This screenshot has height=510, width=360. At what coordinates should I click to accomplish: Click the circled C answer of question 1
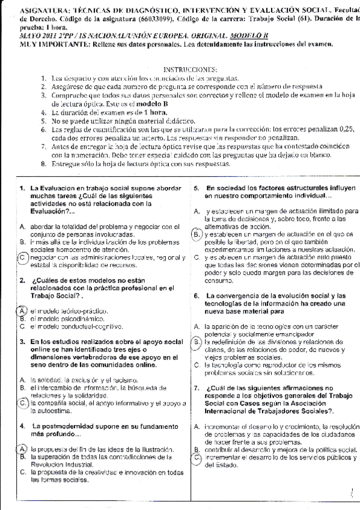coord(22,257)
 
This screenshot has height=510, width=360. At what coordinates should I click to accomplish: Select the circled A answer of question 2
coord(22,310)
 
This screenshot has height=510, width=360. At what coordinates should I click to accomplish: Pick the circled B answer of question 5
coord(197,233)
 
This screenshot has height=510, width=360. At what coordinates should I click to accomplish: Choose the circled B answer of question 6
coord(197,342)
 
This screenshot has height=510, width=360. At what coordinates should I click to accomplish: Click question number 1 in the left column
coord(22,188)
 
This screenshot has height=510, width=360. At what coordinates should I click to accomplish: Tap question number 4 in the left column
coord(22,426)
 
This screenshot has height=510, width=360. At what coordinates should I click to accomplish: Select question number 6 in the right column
coord(197,296)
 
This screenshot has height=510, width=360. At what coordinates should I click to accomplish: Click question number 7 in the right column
coord(197,388)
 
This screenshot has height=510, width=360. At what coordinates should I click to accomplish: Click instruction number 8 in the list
coord(44,164)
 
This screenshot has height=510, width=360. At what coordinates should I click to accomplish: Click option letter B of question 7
coord(197,450)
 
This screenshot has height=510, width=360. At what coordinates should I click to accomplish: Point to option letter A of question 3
coord(22,380)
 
